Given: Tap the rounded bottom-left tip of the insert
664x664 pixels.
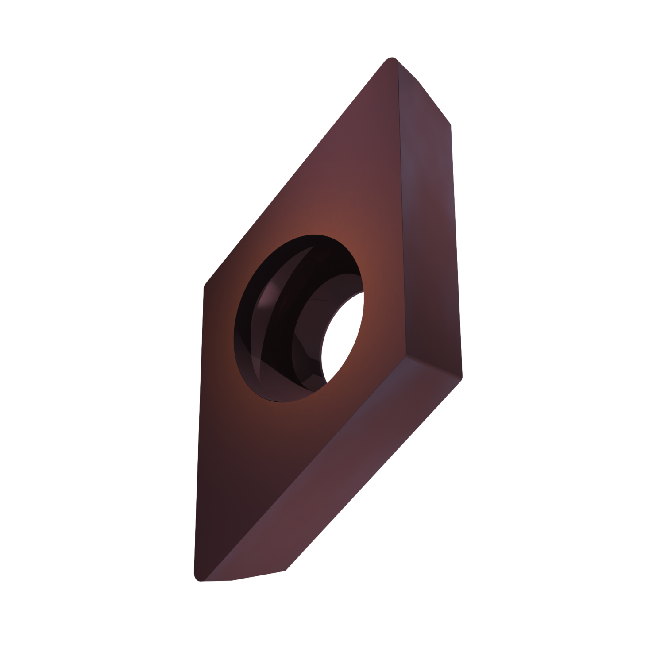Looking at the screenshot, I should pyautogui.click(x=197, y=578).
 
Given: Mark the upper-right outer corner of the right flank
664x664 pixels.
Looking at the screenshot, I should pyautogui.click(x=451, y=120).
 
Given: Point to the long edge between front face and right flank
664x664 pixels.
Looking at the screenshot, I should pyautogui.click(x=401, y=212).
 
